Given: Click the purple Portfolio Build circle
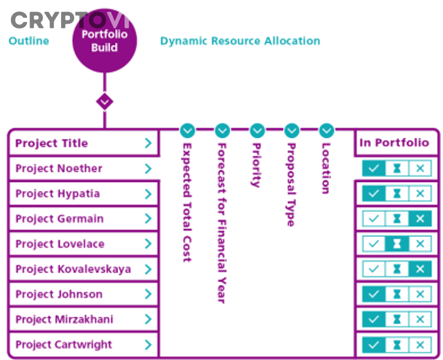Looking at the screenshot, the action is click(x=104, y=40).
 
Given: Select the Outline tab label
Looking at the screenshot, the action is click(x=29, y=41).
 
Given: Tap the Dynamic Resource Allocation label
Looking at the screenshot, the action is click(x=240, y=41).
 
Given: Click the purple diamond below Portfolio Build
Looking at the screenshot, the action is click(x=104, y=102).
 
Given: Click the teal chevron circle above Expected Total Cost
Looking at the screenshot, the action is click(x=188, y=130).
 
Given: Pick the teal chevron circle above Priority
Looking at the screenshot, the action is click(x=257, y=130).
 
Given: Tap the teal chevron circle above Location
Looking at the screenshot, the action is click(x=327, y=130).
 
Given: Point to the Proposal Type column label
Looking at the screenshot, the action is click(x=291, y=184).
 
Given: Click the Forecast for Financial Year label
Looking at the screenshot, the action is click(x=222, y=223).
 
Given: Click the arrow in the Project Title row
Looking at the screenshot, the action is click(x=148, y=143).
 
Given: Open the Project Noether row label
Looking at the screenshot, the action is click(x=59, y=169).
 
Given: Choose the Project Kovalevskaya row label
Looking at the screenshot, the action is click(x=73, y=269).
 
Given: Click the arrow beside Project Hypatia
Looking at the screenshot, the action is click(x=148, y=194).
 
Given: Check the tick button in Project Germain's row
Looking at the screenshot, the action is click(x=374, y=218).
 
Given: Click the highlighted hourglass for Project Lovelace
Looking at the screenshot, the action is click(x=397, y=243).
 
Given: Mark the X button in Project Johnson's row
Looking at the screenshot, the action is click(x=420, y=294).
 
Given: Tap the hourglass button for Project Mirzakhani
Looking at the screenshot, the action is click(x=397, y=319).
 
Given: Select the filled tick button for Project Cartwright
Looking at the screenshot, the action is click(x=374, y=345).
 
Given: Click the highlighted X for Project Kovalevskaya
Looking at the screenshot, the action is click(x=420, y=269).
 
